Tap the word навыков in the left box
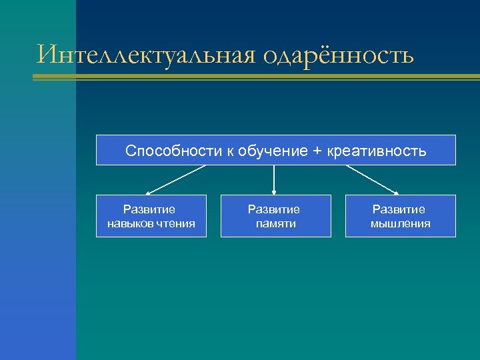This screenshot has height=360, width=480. click(131, 223)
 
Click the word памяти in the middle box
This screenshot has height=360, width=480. click(275, 223)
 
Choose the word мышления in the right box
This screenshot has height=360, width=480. click(401, 223)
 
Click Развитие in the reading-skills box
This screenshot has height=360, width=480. click(151, 209)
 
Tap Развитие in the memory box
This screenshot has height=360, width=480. click(275, 209)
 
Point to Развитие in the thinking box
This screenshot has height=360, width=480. click(399, 209)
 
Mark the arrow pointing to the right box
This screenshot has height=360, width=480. click(372, 179)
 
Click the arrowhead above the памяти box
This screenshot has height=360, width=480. click(274, 192)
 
